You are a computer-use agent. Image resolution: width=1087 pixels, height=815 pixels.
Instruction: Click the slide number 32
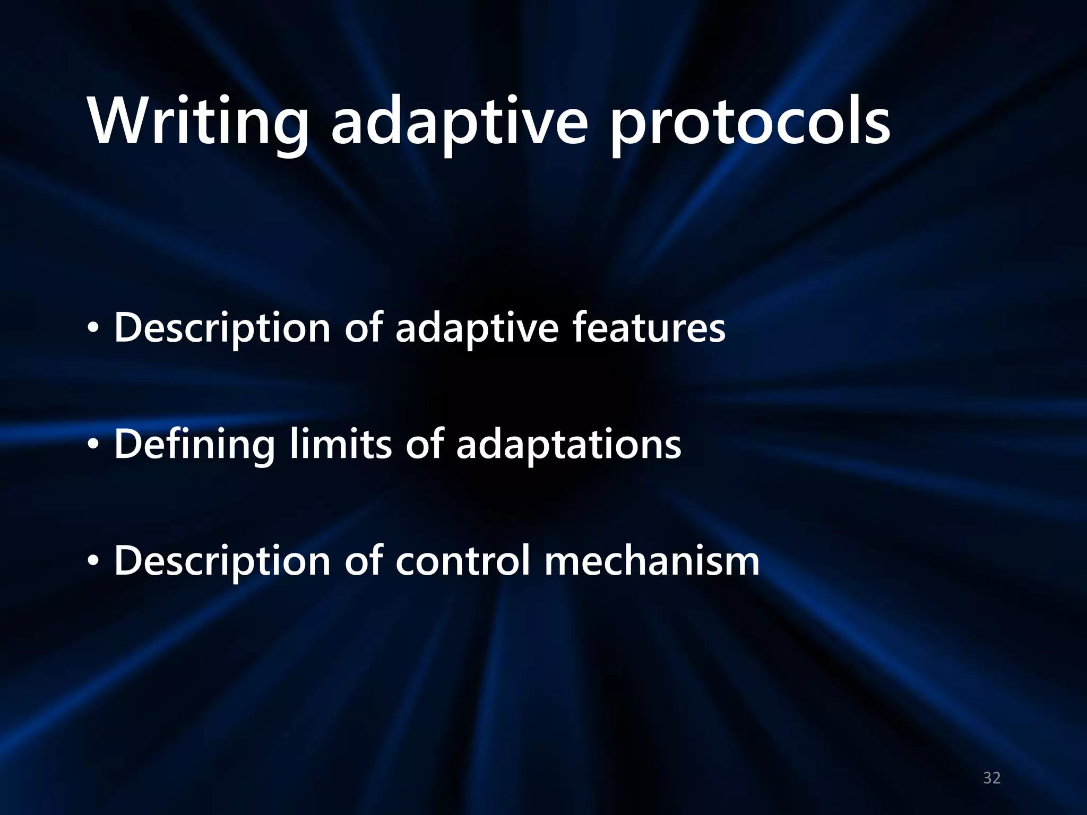991,778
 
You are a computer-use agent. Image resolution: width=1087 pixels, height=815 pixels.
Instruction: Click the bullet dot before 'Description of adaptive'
93,330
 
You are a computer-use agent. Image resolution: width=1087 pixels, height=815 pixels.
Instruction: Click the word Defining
194,445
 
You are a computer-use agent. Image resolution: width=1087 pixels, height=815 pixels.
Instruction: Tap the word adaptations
568,445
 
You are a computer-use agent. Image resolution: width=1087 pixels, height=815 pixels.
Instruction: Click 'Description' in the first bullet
222,328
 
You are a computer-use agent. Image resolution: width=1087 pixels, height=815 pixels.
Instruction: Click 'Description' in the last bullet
222,562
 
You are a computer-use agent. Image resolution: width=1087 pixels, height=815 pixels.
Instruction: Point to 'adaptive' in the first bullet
477,328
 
